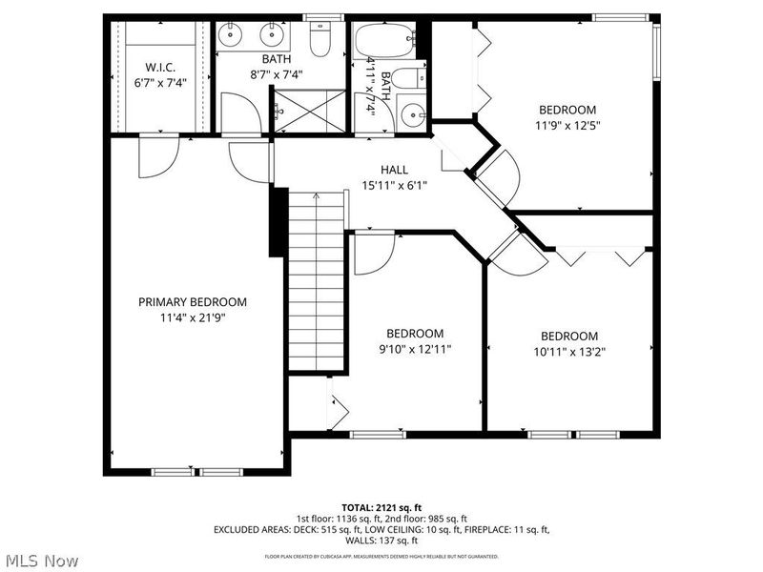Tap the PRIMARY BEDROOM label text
click(x=193, y=302)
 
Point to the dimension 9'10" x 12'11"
click(x=414, y=349)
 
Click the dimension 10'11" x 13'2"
click(x=569, y=351)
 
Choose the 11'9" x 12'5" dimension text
click(x=567, y=124)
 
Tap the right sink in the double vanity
click(x=275, y=37)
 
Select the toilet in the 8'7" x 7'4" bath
click(x=321, y=41)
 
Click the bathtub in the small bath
click(x=384, y=42)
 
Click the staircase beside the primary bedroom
click(x=316, y=281)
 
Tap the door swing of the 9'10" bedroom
click(x=373, y=254)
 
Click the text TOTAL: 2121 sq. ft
click(x=381, y=507)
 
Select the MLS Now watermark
click(x=41, y=561)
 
